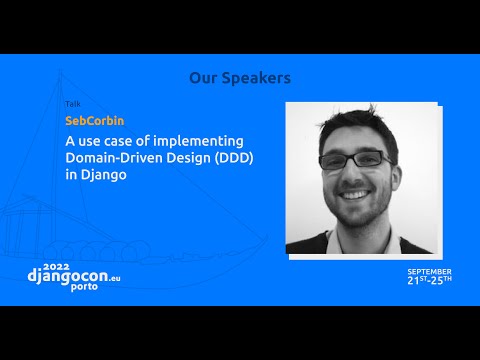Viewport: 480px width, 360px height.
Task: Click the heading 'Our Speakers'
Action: [240, 78]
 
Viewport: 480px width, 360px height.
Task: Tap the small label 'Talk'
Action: [72, 104]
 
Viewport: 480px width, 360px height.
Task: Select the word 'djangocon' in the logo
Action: [71, 272]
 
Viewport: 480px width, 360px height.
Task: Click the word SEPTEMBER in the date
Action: [429, 270]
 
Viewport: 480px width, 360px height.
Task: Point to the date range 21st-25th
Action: [429, 280]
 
